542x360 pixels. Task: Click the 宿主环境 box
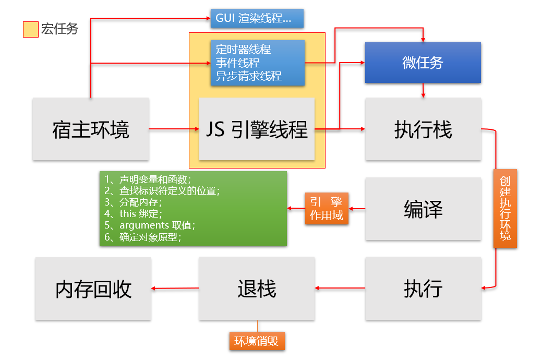(90, 129)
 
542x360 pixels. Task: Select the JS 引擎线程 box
(257, 129)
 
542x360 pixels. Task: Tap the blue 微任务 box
(423, 63)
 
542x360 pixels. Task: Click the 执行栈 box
(423, 129)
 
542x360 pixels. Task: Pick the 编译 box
(423, 209)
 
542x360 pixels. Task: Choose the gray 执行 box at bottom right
(423, 288)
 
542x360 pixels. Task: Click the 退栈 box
(257, 288)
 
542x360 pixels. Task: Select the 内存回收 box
(93, 289)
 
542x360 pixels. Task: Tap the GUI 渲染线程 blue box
(257, 18)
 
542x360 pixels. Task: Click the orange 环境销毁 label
(257, 341)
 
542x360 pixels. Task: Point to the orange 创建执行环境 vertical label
(505, 208)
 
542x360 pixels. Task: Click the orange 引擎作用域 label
(327, 209)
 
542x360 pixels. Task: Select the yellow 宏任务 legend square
(30, 29)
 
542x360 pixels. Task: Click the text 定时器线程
(243, 50)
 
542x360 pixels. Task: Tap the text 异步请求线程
(249, 76)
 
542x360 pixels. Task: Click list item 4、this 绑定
(134, 213)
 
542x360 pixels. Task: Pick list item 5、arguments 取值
(150, 225)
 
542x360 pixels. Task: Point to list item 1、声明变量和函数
(148, 179)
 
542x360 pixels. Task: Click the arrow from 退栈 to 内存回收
(175, 288)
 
